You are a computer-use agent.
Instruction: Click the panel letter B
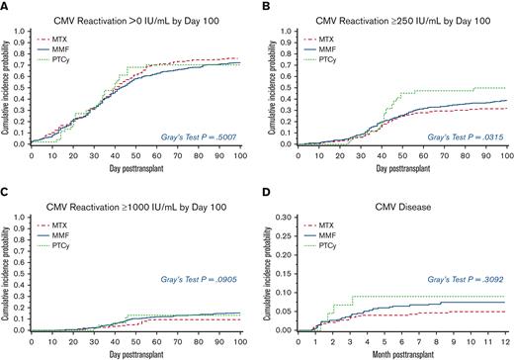(266, 8)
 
